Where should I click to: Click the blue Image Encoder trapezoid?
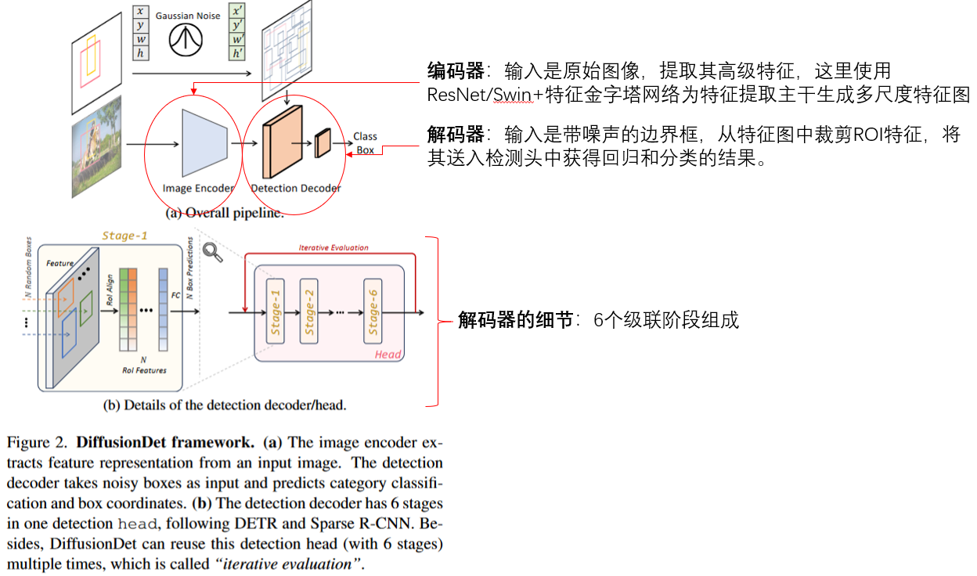point(204,142)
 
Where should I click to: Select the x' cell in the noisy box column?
point(236,11)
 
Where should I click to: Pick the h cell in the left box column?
point(140,53)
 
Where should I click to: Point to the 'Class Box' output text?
point(365,143)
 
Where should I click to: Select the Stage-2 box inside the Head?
point(309,311)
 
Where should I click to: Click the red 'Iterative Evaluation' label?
point(333,247)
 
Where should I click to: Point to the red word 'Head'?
point(388,355)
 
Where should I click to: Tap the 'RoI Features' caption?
point(144,370)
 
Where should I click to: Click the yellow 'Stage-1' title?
point(124,236)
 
